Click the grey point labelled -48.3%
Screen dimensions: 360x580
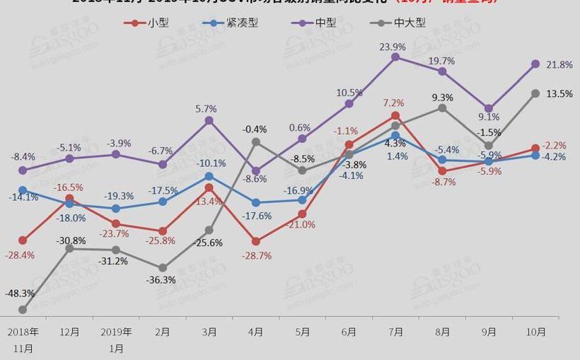[23, 310]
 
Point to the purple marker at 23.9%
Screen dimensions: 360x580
[395, 57]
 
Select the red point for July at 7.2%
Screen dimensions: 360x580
[395, 115]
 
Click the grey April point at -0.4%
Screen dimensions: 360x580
[256, 142]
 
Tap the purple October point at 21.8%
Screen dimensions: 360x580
[535, 64]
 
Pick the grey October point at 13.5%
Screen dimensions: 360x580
[535, 93]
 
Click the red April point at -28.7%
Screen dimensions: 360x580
[256, 242]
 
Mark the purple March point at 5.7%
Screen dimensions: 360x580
[209, 120]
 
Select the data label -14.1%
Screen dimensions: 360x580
[24, 197]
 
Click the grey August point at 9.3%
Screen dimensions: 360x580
[442, 108]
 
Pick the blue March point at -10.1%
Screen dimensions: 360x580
[209, 176]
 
